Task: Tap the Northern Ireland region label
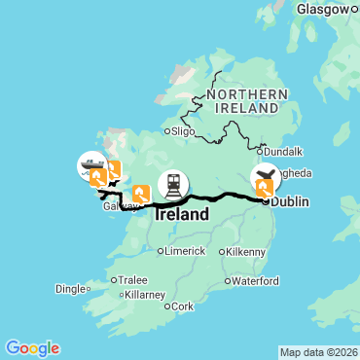pyautogui.click(x=245, y=99)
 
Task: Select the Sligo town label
pyautogui.click(x=185, y=129)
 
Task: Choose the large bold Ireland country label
pyautogui.click(x=182, y=214)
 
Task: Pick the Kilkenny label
pyautogui.click(x=246, y=251)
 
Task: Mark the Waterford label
pyautogui.click(x=256, y=281)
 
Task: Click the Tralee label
pyautogui.click(x=132, y=279)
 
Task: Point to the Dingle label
pyautogui.click(x=71, y=288)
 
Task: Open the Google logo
pyautogui.click(x=31, y=347)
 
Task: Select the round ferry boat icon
pyautogui.click(x=91, y=165)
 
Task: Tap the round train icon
pyautogui.click(x=173, y=183)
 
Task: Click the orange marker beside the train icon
pyautogui.click(x=141, y=195)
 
